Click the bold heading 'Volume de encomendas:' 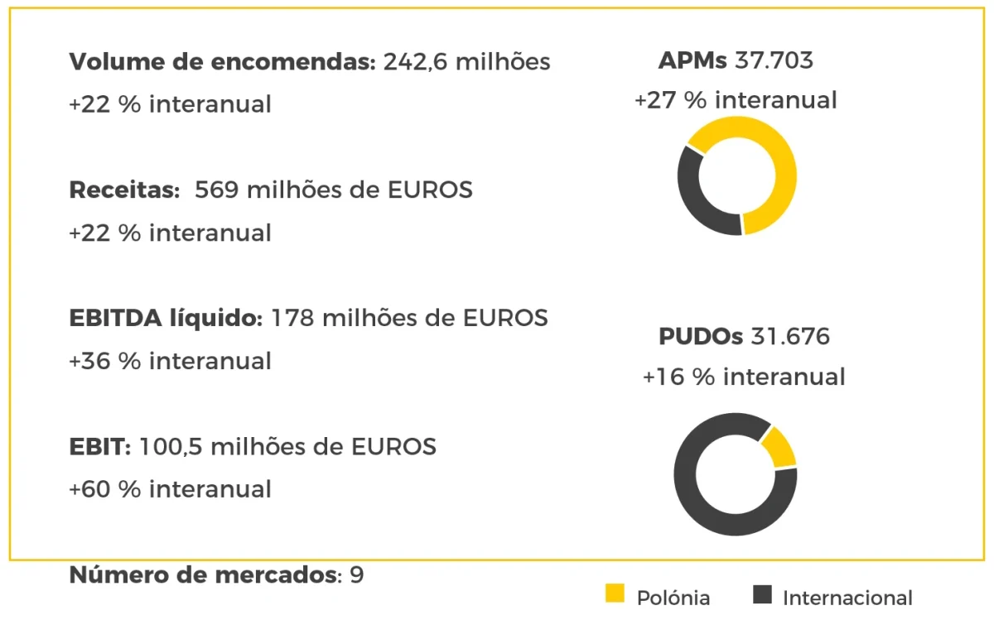click(222, 62)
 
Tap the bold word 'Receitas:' click(124, 190)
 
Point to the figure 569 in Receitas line click(217, 190)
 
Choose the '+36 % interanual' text click(170, 361)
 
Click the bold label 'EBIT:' click(99, 447)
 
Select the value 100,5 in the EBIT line click(171, 447)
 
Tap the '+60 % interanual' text click(170, 489)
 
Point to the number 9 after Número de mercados click(357, 575)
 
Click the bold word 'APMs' click(692, 60)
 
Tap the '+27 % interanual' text click(736, 100)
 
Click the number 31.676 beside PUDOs click(790, 337)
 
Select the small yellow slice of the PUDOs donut click(779, 448)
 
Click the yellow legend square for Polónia click(615, 594)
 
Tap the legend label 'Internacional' click(847, 598)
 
